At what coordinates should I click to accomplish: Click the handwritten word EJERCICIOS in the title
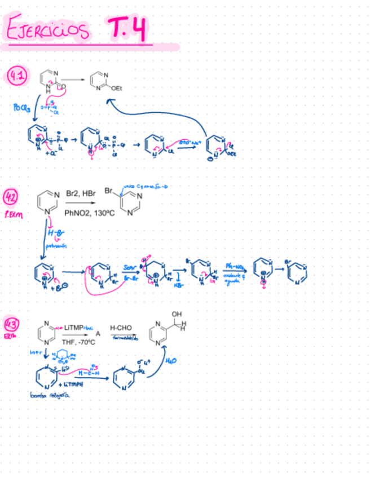pyautogui.click(x=49, y=30)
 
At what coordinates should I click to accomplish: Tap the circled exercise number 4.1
pyautogui.click(x=17, y=76)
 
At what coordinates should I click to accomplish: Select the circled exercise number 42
pyautogui.click(x=11, y=198)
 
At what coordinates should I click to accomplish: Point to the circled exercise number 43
pyautogui.click(x=11, y=325)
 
